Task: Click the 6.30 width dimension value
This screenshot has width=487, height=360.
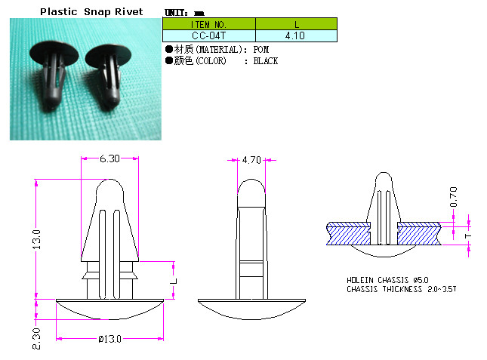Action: (x=109, y=158)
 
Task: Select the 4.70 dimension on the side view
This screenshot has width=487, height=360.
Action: (x=251, y=160)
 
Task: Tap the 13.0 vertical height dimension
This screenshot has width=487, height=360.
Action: (x=37, y=239)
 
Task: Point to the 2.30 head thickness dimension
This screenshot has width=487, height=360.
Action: (x=36, y=339)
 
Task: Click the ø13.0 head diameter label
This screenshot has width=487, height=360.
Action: (x=110, y=339)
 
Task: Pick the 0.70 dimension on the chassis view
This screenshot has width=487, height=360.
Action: (x=454, y=197)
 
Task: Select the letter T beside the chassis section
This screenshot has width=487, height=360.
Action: (x=468, y=236)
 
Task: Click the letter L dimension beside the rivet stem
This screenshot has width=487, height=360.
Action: (x=174, y=282)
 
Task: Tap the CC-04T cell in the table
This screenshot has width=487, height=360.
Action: (x=208, y=35)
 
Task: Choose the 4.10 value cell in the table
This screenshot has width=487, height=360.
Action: (x=296, y=35)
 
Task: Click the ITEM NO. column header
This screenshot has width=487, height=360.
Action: (x=208, y=24)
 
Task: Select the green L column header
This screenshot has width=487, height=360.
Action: (x=296, y=24)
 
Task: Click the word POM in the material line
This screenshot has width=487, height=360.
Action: (x=261, y=50)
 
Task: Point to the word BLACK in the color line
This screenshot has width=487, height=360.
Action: (x=266, y=61)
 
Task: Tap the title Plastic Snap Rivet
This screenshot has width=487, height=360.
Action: (x=91, y=12)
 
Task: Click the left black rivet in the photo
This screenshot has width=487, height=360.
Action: (x=54, y=73)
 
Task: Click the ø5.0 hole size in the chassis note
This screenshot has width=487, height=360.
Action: (x=421, y=280)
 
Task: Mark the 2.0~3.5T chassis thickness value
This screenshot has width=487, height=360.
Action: (x=442, y=289)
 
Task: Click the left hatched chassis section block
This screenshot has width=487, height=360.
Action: (x=349, y=234)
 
